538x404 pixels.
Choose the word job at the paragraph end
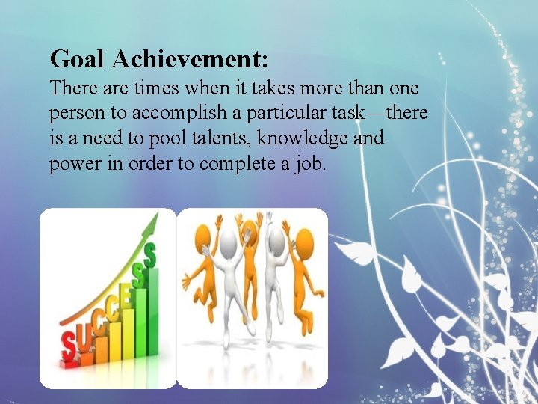(309, 164)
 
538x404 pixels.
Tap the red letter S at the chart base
(69, 346)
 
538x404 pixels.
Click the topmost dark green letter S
(149, 257)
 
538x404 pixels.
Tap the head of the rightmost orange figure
(303, 242)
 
